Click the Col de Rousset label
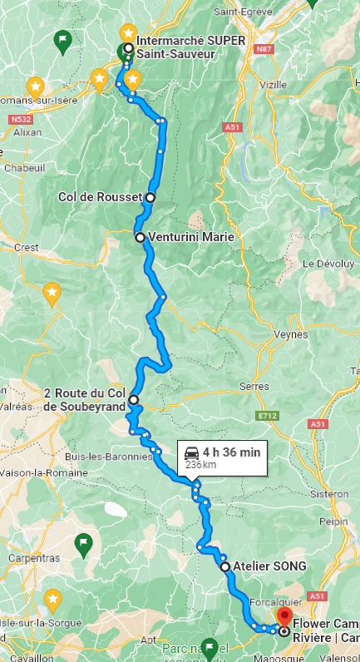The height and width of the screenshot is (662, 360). tap(101, 197)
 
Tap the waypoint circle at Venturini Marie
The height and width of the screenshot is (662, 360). tap(140, 237)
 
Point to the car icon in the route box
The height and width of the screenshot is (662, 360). tap(191, 452)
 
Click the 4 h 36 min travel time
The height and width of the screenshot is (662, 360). tap(231, 452)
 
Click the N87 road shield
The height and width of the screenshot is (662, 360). tap(264, 50)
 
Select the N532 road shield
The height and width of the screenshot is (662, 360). tap(22, 120)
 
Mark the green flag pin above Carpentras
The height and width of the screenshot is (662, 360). tap(83, 544)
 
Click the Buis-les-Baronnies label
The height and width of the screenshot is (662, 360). tap(111, 457)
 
